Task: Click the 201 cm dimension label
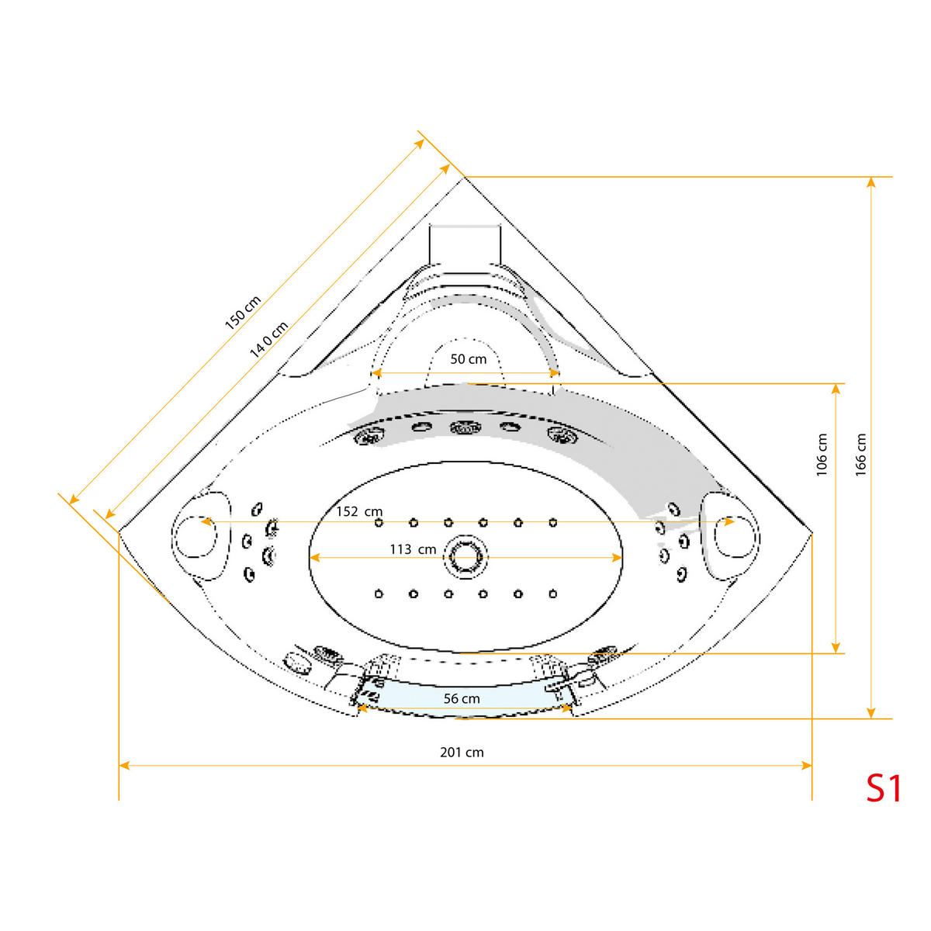pos(462,752)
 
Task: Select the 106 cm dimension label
pos(822,455)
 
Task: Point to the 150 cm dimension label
pos(243,313)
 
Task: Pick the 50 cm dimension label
pos(469,358)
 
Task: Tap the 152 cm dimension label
pos(359,511)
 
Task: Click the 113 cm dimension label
pos(412,549)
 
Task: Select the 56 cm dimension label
pos(462,698)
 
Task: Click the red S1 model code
pos(884,788)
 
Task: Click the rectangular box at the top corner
pos(465,248)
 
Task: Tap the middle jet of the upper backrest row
pos(464,427)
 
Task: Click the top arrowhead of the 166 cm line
pos(871,182)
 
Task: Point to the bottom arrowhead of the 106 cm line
pos(836,648)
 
